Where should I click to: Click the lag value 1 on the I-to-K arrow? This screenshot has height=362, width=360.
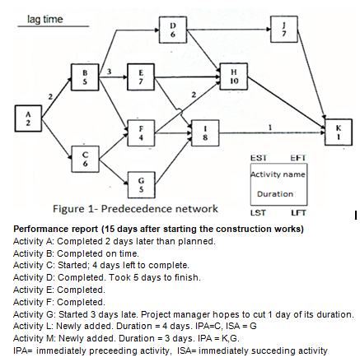pos(271,126)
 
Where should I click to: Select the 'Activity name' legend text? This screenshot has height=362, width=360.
pos(278,174)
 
